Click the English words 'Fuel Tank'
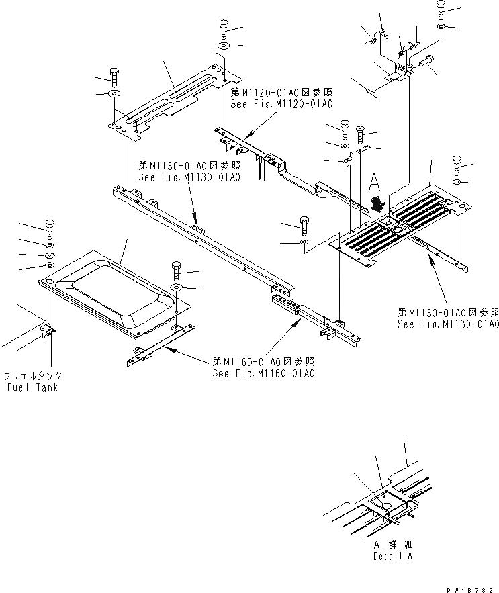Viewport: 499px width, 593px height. (x=32, y=387)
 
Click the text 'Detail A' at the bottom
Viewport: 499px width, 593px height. (x=394, y=557)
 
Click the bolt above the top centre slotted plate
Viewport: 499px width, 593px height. (x=224, y=29)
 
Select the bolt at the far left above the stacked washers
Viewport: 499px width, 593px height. (x=49, y=228)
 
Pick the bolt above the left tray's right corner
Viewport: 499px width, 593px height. (x=176, y=270)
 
